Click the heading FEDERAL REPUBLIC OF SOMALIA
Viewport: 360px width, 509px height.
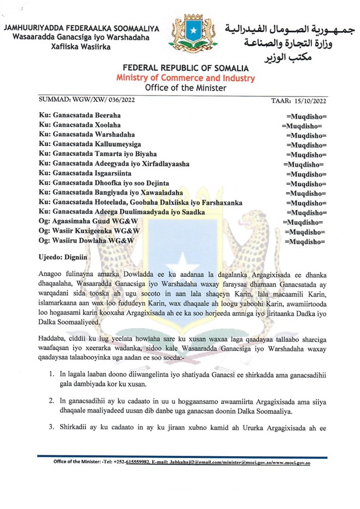pyautogui.click(x=185, y=68)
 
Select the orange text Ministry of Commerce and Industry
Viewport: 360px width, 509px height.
pyautogui.click(x=185, y=78)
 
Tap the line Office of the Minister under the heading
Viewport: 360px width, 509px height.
pyautogui.click(x=185, y=87)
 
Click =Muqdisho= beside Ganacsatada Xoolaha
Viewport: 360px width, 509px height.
pyautogui.click(x=301, y=125)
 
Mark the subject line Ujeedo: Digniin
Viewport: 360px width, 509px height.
pyautogui.click(x=63, y=254)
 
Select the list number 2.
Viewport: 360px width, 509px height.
pyautogui.click(x=51, y=401)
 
